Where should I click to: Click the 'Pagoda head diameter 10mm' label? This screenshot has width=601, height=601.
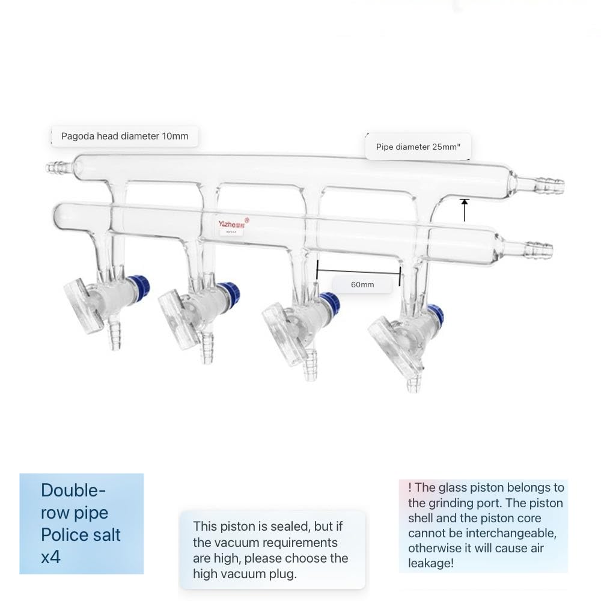124,136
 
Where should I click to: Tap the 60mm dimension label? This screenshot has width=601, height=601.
362,284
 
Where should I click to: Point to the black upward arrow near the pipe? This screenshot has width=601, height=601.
464,210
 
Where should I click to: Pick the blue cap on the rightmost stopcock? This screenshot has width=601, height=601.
435,314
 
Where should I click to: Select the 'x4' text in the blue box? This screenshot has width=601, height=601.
51,557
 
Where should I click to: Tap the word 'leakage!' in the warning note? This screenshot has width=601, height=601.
430,563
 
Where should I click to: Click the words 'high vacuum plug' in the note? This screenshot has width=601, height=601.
244,573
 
